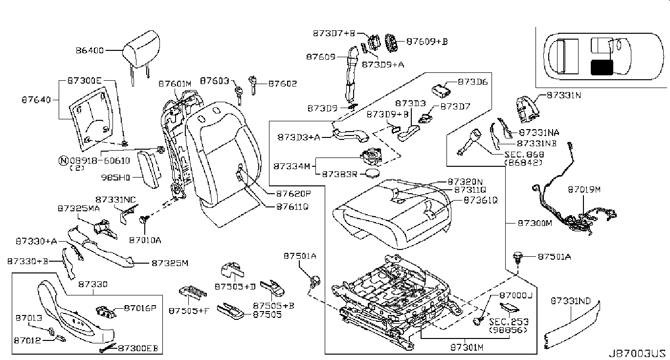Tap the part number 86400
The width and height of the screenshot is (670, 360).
click(91, 50)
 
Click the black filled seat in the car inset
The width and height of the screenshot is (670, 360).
click(601, 67)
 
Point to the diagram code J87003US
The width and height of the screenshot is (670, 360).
click(637, 353)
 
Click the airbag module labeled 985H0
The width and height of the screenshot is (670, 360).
click(148, 168)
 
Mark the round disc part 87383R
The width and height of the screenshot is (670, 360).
click(375, 174)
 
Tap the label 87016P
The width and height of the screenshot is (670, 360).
click(139, 308)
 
